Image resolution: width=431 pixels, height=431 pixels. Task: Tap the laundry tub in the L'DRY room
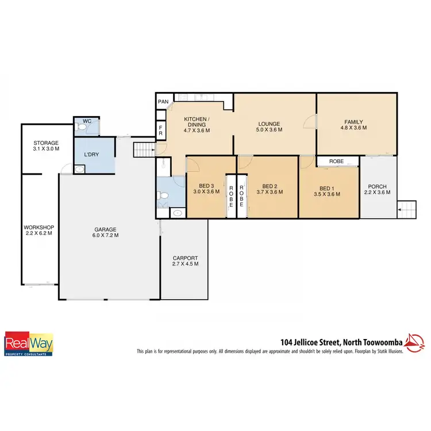click(80, 169)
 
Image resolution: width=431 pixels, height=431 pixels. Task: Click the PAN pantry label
click(163, 102)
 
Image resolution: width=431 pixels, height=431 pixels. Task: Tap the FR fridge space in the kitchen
click(161, 129)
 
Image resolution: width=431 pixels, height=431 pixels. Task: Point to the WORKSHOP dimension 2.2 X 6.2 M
click(38, 233)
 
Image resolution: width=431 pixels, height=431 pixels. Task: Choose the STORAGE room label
click(46, 143)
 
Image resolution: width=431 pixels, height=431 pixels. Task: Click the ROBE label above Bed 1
click(336, 161)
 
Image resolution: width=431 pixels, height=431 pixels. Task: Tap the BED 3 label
click(206, 186)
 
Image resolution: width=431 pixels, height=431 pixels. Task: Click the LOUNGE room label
click(269, 124)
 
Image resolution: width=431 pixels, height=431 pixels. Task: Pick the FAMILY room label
click(354, 121)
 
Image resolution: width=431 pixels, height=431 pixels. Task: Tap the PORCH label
click(378, 186)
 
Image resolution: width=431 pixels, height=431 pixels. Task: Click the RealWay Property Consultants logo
click(29, 344)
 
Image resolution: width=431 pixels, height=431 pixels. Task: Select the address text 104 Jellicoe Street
click(308, 341)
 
